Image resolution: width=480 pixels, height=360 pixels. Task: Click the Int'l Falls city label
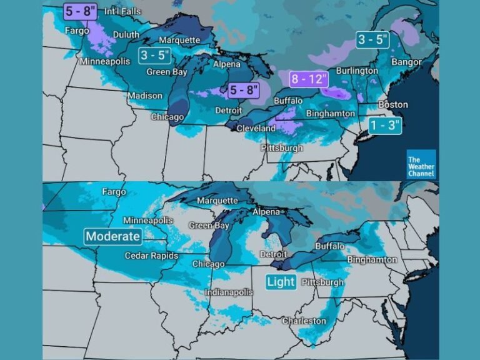[122, 11]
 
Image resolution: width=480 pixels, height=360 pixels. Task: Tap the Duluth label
[126, 34]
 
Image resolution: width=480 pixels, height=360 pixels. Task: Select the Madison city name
[145, 96]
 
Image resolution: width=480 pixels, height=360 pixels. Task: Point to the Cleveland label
[255, 128]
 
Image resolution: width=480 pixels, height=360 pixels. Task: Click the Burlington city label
[357, 71]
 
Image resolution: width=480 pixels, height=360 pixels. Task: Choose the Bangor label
[406, 62]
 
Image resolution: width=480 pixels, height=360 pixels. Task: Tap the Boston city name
[393, 104]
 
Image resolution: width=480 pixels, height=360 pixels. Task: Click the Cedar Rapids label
[151, 256]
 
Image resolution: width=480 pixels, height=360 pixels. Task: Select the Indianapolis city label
[229, 292]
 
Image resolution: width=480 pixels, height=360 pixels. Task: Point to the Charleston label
[304, 321]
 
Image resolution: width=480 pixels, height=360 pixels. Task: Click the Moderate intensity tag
[113, 236]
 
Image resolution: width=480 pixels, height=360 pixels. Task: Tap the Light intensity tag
[281, 282]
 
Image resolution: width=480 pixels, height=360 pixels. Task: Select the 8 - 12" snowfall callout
[307, 79]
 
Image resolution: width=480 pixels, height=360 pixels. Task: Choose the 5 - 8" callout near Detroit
[243, 89]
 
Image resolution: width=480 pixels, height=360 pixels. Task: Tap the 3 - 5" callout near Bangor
[373, 40]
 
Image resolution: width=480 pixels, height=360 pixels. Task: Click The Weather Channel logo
[421, 164]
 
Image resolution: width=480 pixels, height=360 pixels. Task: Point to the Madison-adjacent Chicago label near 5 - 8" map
[167, 117]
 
